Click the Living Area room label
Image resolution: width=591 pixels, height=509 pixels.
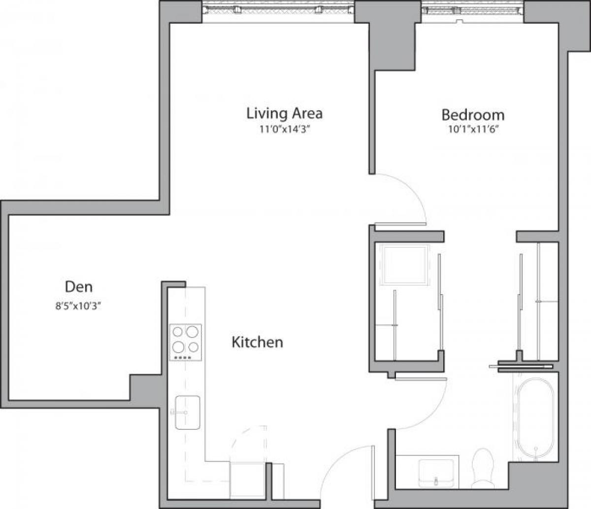point(284,113)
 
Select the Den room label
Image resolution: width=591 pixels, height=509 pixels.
point(79,286)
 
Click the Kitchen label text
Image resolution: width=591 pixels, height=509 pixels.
point(257,342)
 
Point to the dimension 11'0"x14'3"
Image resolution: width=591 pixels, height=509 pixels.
point(284,130)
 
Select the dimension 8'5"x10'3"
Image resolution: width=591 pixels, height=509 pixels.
point(79,305)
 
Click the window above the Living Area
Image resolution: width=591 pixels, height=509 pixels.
point(278,8)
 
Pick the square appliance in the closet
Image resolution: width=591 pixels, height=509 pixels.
point(404,265)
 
